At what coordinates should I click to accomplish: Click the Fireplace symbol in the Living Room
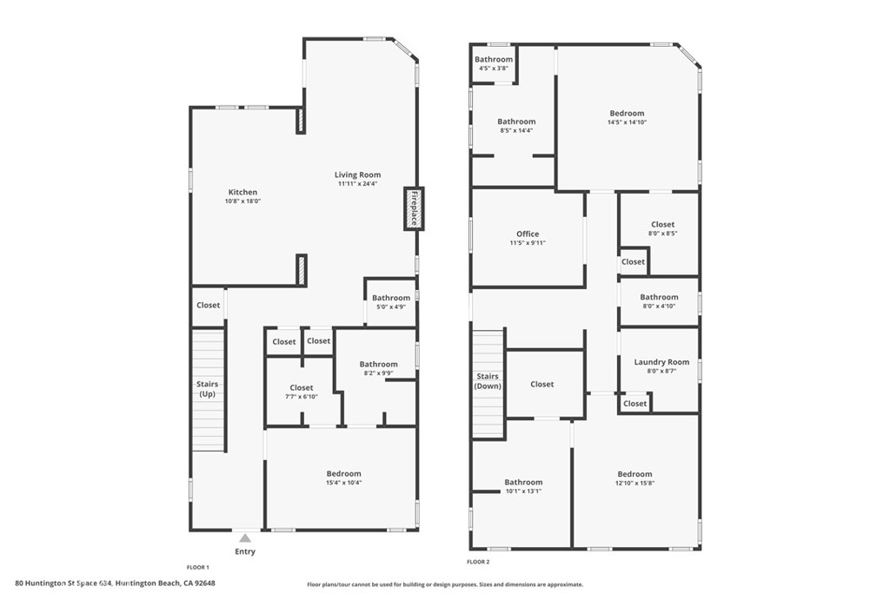pos(414,208)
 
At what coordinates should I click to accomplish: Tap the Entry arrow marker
pos(246,538)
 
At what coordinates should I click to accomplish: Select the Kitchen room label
pos(242,192)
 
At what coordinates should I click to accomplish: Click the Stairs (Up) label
pos(207,389)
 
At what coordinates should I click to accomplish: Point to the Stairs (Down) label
pos(488,381)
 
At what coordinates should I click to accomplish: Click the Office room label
pos(528,234)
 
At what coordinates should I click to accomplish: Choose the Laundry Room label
pos(661,362)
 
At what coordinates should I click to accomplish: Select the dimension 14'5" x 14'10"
pos(627,122)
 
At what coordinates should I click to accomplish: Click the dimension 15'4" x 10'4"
pos(343,483)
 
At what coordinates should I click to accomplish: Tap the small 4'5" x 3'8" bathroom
pos(494,63)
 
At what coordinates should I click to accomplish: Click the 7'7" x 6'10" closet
pos(302,392)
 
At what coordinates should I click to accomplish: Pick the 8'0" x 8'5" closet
pos(662,228)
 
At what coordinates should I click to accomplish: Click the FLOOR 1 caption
pos(199,566)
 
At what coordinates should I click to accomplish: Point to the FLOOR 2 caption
pos(479,562)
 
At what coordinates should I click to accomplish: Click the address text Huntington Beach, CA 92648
pos(165,583)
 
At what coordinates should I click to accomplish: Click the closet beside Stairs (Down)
pos(541,384)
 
